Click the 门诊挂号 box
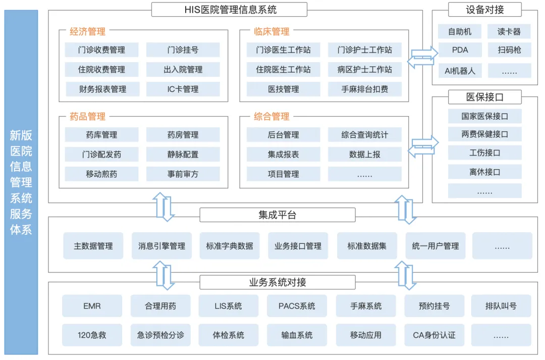tap(183, 50)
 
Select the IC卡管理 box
tap(183, 89)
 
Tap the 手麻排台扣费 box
tap(365, 89)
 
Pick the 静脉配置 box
tap(183, 154)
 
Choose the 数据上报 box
tap(365, 154)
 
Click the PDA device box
tap(460, 50)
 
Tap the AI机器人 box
tap(460, 71)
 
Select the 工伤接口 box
tap(484, 152)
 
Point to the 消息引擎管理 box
tap(161, 246)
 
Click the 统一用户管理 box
tap(435, 246)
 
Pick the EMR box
tap(92, 306)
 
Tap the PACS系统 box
tap(297, 306)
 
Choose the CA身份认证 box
tap(434, 335)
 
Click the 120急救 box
tap(92, 335)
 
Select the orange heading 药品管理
tap(88, 116)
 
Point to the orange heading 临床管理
tap(271, 32)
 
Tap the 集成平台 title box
tap(278, 215)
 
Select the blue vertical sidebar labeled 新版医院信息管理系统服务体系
tap(21, 182)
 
